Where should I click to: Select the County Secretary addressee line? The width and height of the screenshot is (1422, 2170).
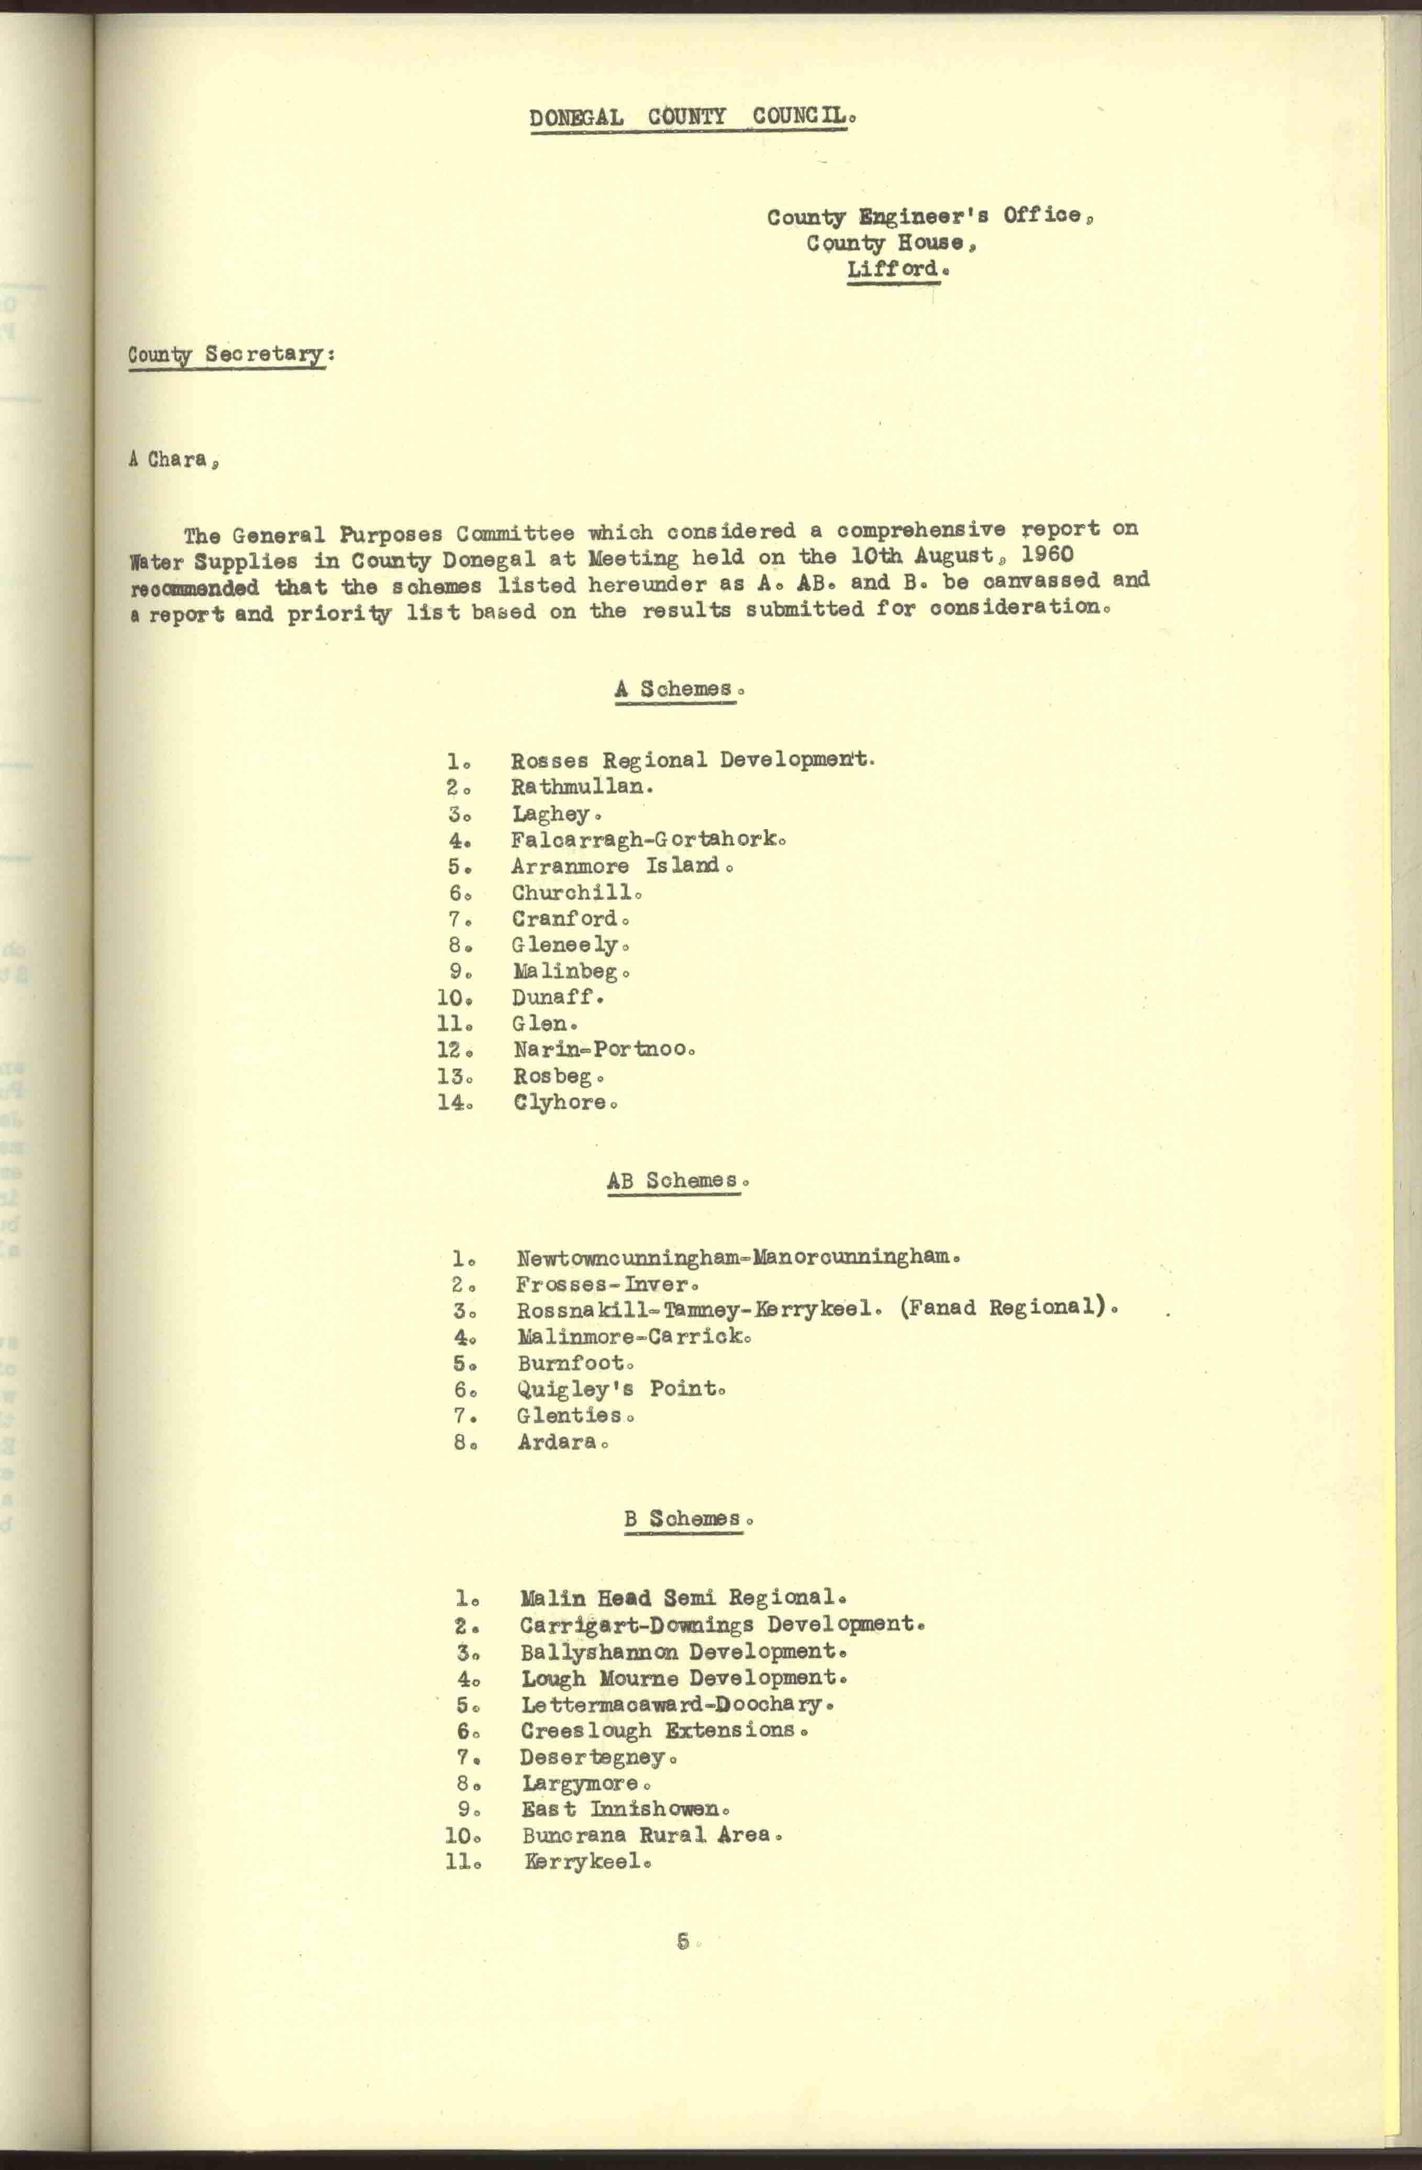point(228,355)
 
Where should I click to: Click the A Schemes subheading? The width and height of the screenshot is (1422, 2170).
point(677,689)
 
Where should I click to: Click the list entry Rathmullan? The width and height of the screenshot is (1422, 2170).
point(581,786)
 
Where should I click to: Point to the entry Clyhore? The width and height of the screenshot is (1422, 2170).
point(563,1102)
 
